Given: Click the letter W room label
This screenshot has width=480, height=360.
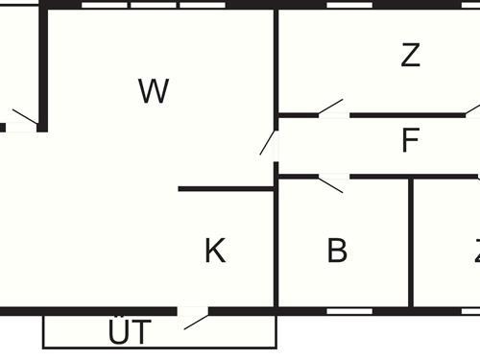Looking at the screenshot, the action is [x=154, y=91].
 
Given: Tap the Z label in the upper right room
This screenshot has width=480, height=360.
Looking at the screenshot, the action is [x=411, y=56].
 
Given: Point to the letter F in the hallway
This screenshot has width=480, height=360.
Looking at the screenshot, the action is [x=411, y=142].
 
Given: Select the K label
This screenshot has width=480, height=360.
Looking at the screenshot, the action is [x=215, y=252].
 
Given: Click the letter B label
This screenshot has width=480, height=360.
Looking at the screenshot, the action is [x=337, y=252].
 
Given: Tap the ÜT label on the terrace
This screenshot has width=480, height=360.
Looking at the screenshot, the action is [x=129, y=333].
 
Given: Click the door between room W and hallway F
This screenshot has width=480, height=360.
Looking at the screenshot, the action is [x=269, y=144].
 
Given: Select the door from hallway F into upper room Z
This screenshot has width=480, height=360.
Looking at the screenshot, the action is [x=332, y=109].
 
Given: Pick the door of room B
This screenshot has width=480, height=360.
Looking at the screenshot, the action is [x=332, y=182].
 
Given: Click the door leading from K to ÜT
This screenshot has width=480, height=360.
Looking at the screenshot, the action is [x=195, y=317].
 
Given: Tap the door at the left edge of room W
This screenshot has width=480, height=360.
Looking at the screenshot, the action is [x=23, y=119].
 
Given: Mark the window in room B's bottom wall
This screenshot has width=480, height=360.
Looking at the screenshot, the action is [x=348, y=311].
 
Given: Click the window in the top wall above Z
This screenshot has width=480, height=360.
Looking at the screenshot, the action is [x=349, y=5].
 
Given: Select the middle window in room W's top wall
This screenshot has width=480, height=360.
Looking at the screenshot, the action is [x=154, y=5].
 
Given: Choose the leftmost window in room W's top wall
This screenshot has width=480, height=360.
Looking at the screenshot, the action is [x=105, y=5].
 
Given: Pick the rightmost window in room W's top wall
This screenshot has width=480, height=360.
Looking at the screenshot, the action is [x=203, y=5].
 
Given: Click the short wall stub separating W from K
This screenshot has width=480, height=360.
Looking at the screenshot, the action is [x=226, y=189].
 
